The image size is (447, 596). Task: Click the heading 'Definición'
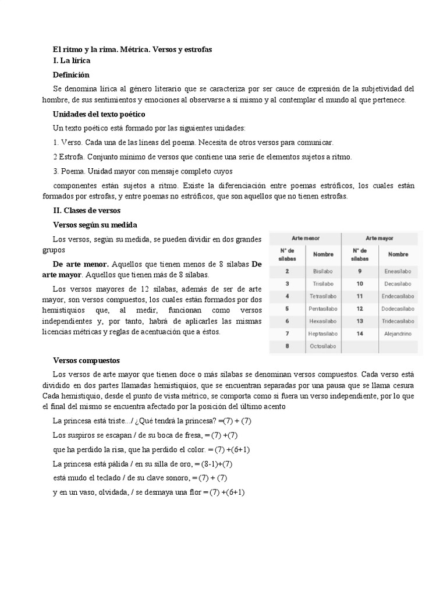pos(71,74)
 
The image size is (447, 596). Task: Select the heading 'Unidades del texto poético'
pos(98,113)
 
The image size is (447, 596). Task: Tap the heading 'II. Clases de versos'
pos(86,210)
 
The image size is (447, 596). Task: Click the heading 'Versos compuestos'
pos(86,360)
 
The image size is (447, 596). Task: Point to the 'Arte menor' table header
pos(305,238)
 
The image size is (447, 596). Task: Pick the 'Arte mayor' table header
pos(379,238)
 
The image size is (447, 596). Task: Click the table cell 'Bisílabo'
pos(323,271)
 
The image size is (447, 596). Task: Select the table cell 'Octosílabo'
pos(323,346)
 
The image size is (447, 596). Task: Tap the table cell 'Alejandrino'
pos(398,334)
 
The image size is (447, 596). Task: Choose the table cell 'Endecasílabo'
pos(398,296)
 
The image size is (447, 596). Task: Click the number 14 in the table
pos(360,334)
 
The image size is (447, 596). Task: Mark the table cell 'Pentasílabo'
pos(323,308)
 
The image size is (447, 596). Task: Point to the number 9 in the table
pos(360,271)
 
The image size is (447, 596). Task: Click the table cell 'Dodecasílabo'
pos(398,308)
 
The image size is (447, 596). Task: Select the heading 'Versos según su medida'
pos(95,225)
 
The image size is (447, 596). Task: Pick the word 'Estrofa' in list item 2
pos(71,157)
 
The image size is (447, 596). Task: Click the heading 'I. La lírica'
pos(71,60)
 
